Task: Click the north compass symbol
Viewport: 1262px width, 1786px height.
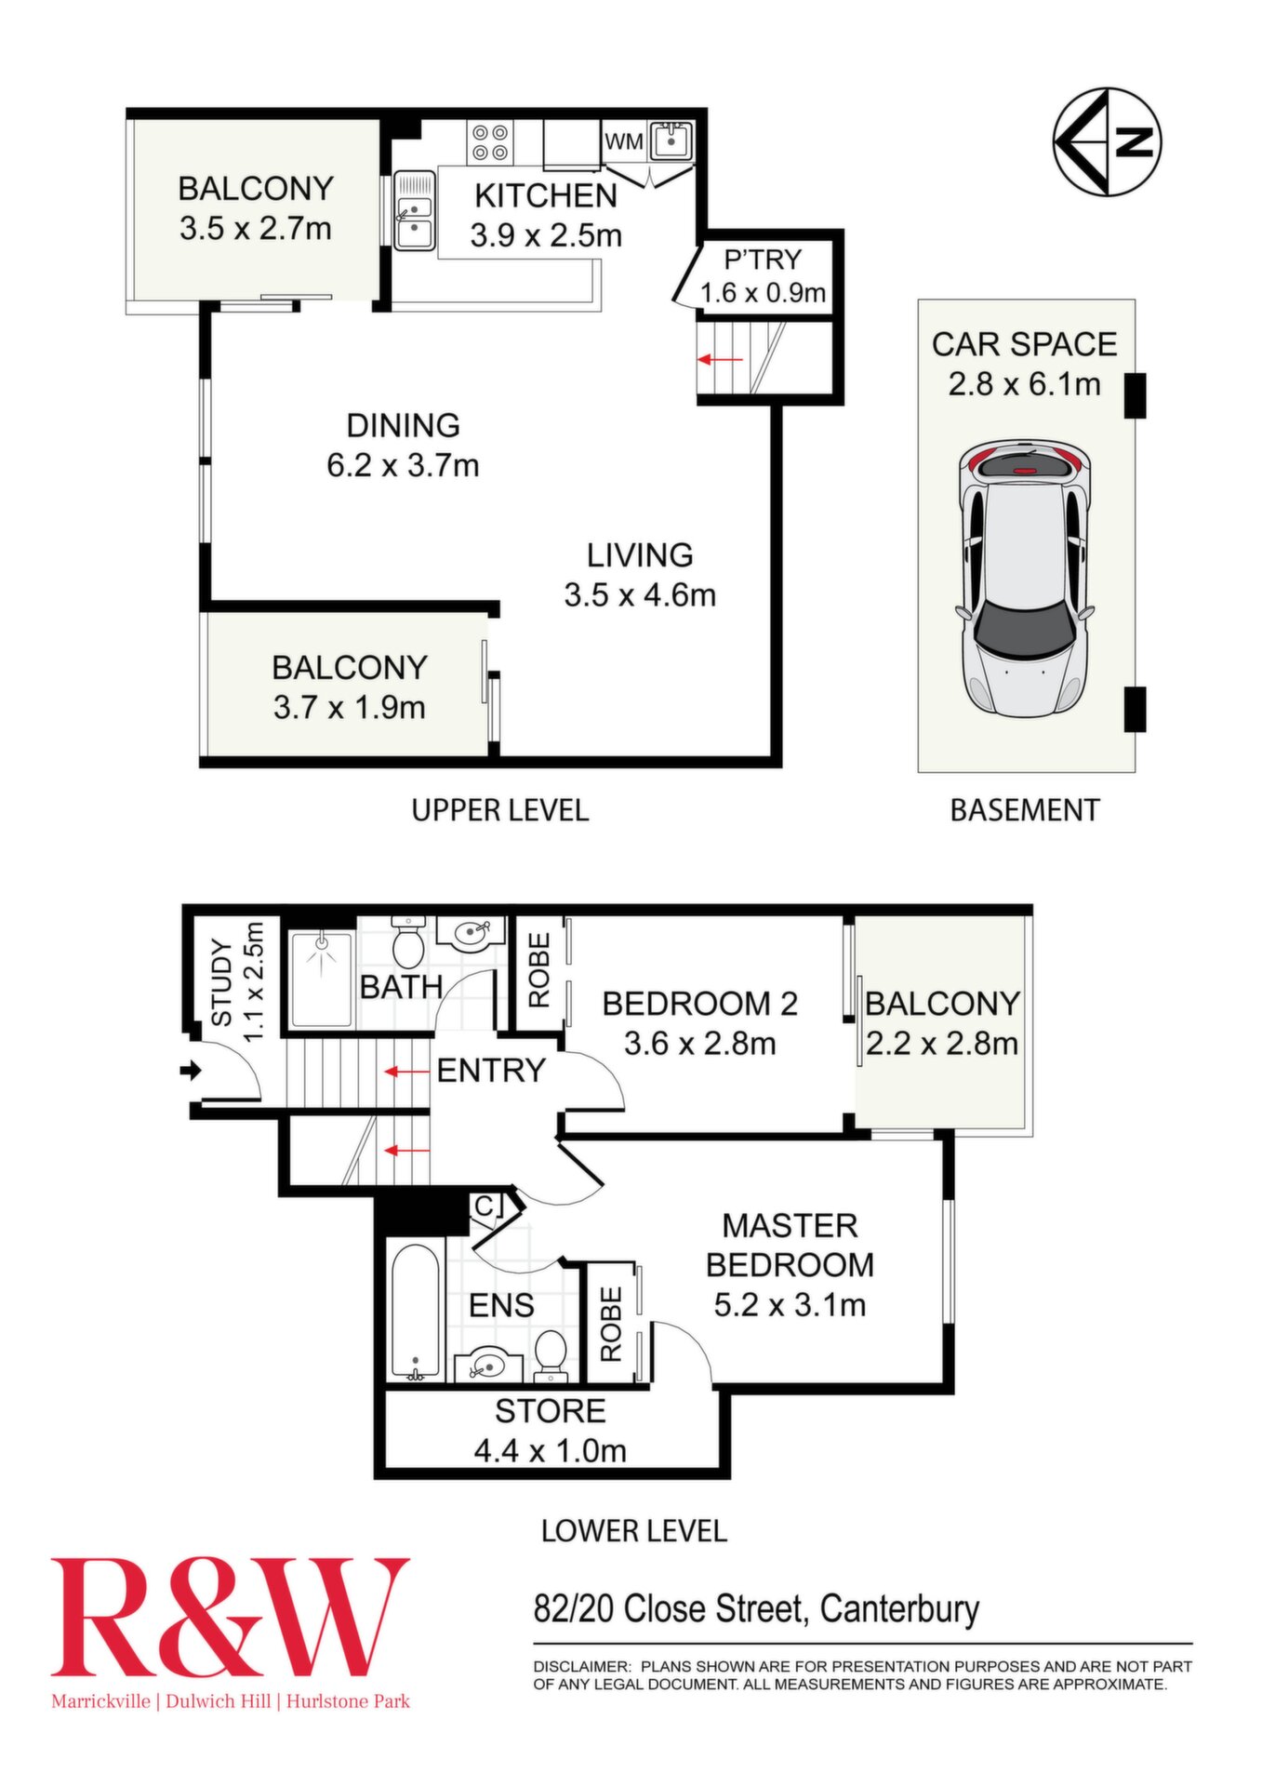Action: pos(1108,142)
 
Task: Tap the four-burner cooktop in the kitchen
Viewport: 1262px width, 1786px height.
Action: pos(490,142)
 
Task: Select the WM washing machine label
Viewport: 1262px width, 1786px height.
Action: pos(623,141)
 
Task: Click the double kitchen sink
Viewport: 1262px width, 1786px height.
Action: pos(414,211)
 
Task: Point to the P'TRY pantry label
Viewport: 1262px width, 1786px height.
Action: pos(763,260)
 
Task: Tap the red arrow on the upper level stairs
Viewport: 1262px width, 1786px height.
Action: pos(721,359)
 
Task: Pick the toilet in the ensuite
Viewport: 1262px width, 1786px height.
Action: pos(551,1356)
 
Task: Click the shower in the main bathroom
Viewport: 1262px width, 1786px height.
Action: pos(321,979)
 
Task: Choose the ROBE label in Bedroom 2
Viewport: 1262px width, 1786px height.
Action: pos(538,971)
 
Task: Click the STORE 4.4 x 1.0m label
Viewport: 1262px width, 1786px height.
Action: pos(550,1432)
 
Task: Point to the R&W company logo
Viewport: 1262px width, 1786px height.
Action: pos(230,1634)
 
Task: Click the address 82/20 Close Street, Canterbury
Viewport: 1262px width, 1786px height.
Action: pos(756,1608)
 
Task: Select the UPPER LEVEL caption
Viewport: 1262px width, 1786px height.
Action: pos(500,810)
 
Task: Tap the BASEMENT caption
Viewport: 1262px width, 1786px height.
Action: pos(1025,810)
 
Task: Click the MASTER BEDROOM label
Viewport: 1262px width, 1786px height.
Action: pos(790,1245)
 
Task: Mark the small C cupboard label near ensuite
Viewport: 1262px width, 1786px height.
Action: pos(485,1206)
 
